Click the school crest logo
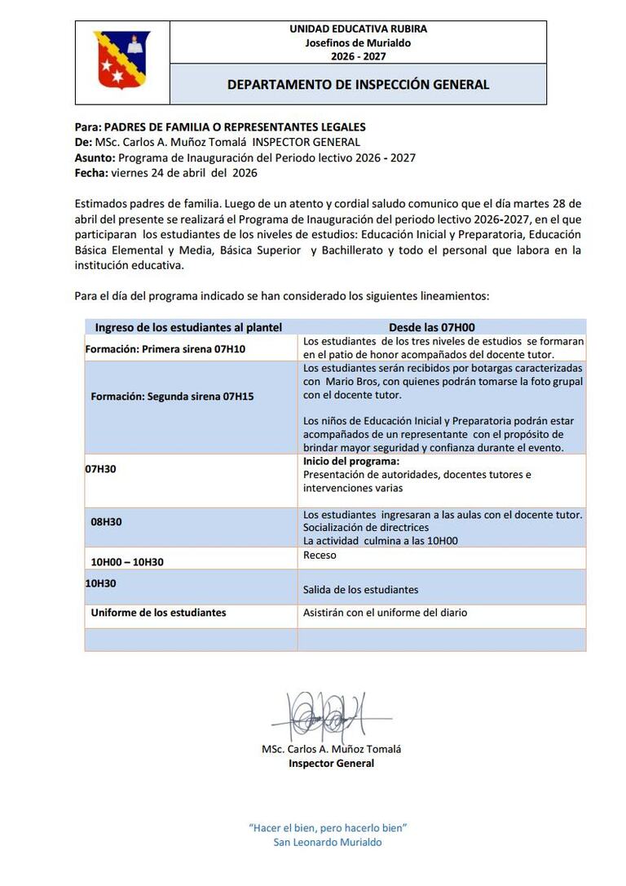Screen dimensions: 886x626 point(121,60)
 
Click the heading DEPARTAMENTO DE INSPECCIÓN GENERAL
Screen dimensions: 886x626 point(358,84)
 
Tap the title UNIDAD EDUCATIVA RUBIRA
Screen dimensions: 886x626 point(358,29)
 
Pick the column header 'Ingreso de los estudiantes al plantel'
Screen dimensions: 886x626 point(188,327)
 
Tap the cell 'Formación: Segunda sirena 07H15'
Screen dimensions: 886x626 point(172,397)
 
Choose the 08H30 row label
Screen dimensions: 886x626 point(106,521)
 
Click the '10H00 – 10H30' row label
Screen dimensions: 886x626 point(127,562)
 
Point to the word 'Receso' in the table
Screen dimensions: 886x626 point(320,556)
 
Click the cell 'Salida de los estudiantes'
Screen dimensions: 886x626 point(360,590)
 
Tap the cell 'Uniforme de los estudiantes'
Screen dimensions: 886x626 point(158,612)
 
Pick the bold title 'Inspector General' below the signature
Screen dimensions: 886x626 point(332,764)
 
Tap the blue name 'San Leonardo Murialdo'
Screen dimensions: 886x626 point(327,843)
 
